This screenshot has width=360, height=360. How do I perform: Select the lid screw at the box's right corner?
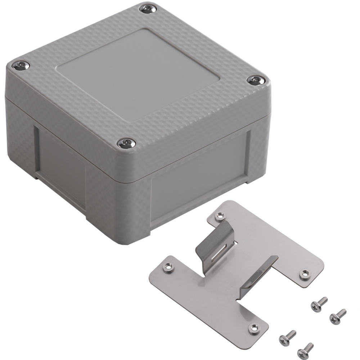click(x=256, y=80)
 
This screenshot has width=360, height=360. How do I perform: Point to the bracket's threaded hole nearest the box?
click(x=219, y=216)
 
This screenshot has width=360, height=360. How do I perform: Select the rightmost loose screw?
click(x=338, y=315)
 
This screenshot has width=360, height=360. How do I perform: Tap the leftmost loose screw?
click(x=288, y=336)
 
